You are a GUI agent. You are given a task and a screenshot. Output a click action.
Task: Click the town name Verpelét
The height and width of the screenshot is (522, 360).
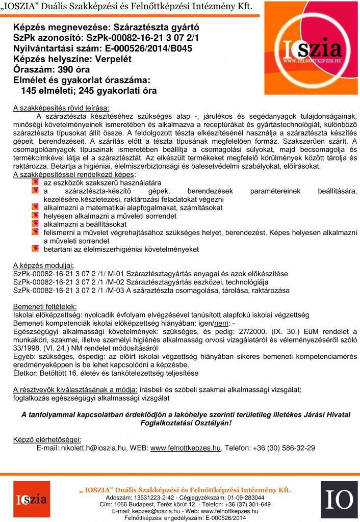coord(113,59)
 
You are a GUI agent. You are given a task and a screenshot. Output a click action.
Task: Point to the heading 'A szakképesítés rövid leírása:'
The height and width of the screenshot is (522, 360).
coord(61,108)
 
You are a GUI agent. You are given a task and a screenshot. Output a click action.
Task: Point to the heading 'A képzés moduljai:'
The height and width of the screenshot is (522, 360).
coord(43,266)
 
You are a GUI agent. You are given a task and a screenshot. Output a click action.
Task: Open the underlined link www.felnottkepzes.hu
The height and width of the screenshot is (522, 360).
coord(186,448)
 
